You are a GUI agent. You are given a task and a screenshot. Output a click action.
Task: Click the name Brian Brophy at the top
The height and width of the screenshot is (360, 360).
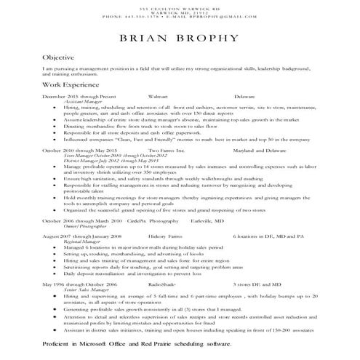coord(180,38)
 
